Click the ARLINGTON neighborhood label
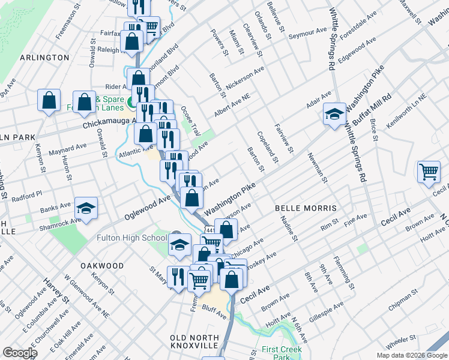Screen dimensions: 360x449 click(x=44, y=57)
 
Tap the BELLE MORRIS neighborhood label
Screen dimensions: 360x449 click(x=305, y=208)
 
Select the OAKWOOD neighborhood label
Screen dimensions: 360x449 click(x=102, y=265)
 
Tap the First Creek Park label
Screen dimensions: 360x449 click(x=282, y=353)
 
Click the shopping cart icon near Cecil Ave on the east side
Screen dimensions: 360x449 click(x=429, y=172)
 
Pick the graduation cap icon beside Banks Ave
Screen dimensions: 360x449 click(x=86, y=208)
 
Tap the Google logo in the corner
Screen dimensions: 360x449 click(x=20, y=353)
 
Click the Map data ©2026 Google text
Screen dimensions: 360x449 click(x=411, y=355)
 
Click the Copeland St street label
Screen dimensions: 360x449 click(x=268, y=148)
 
